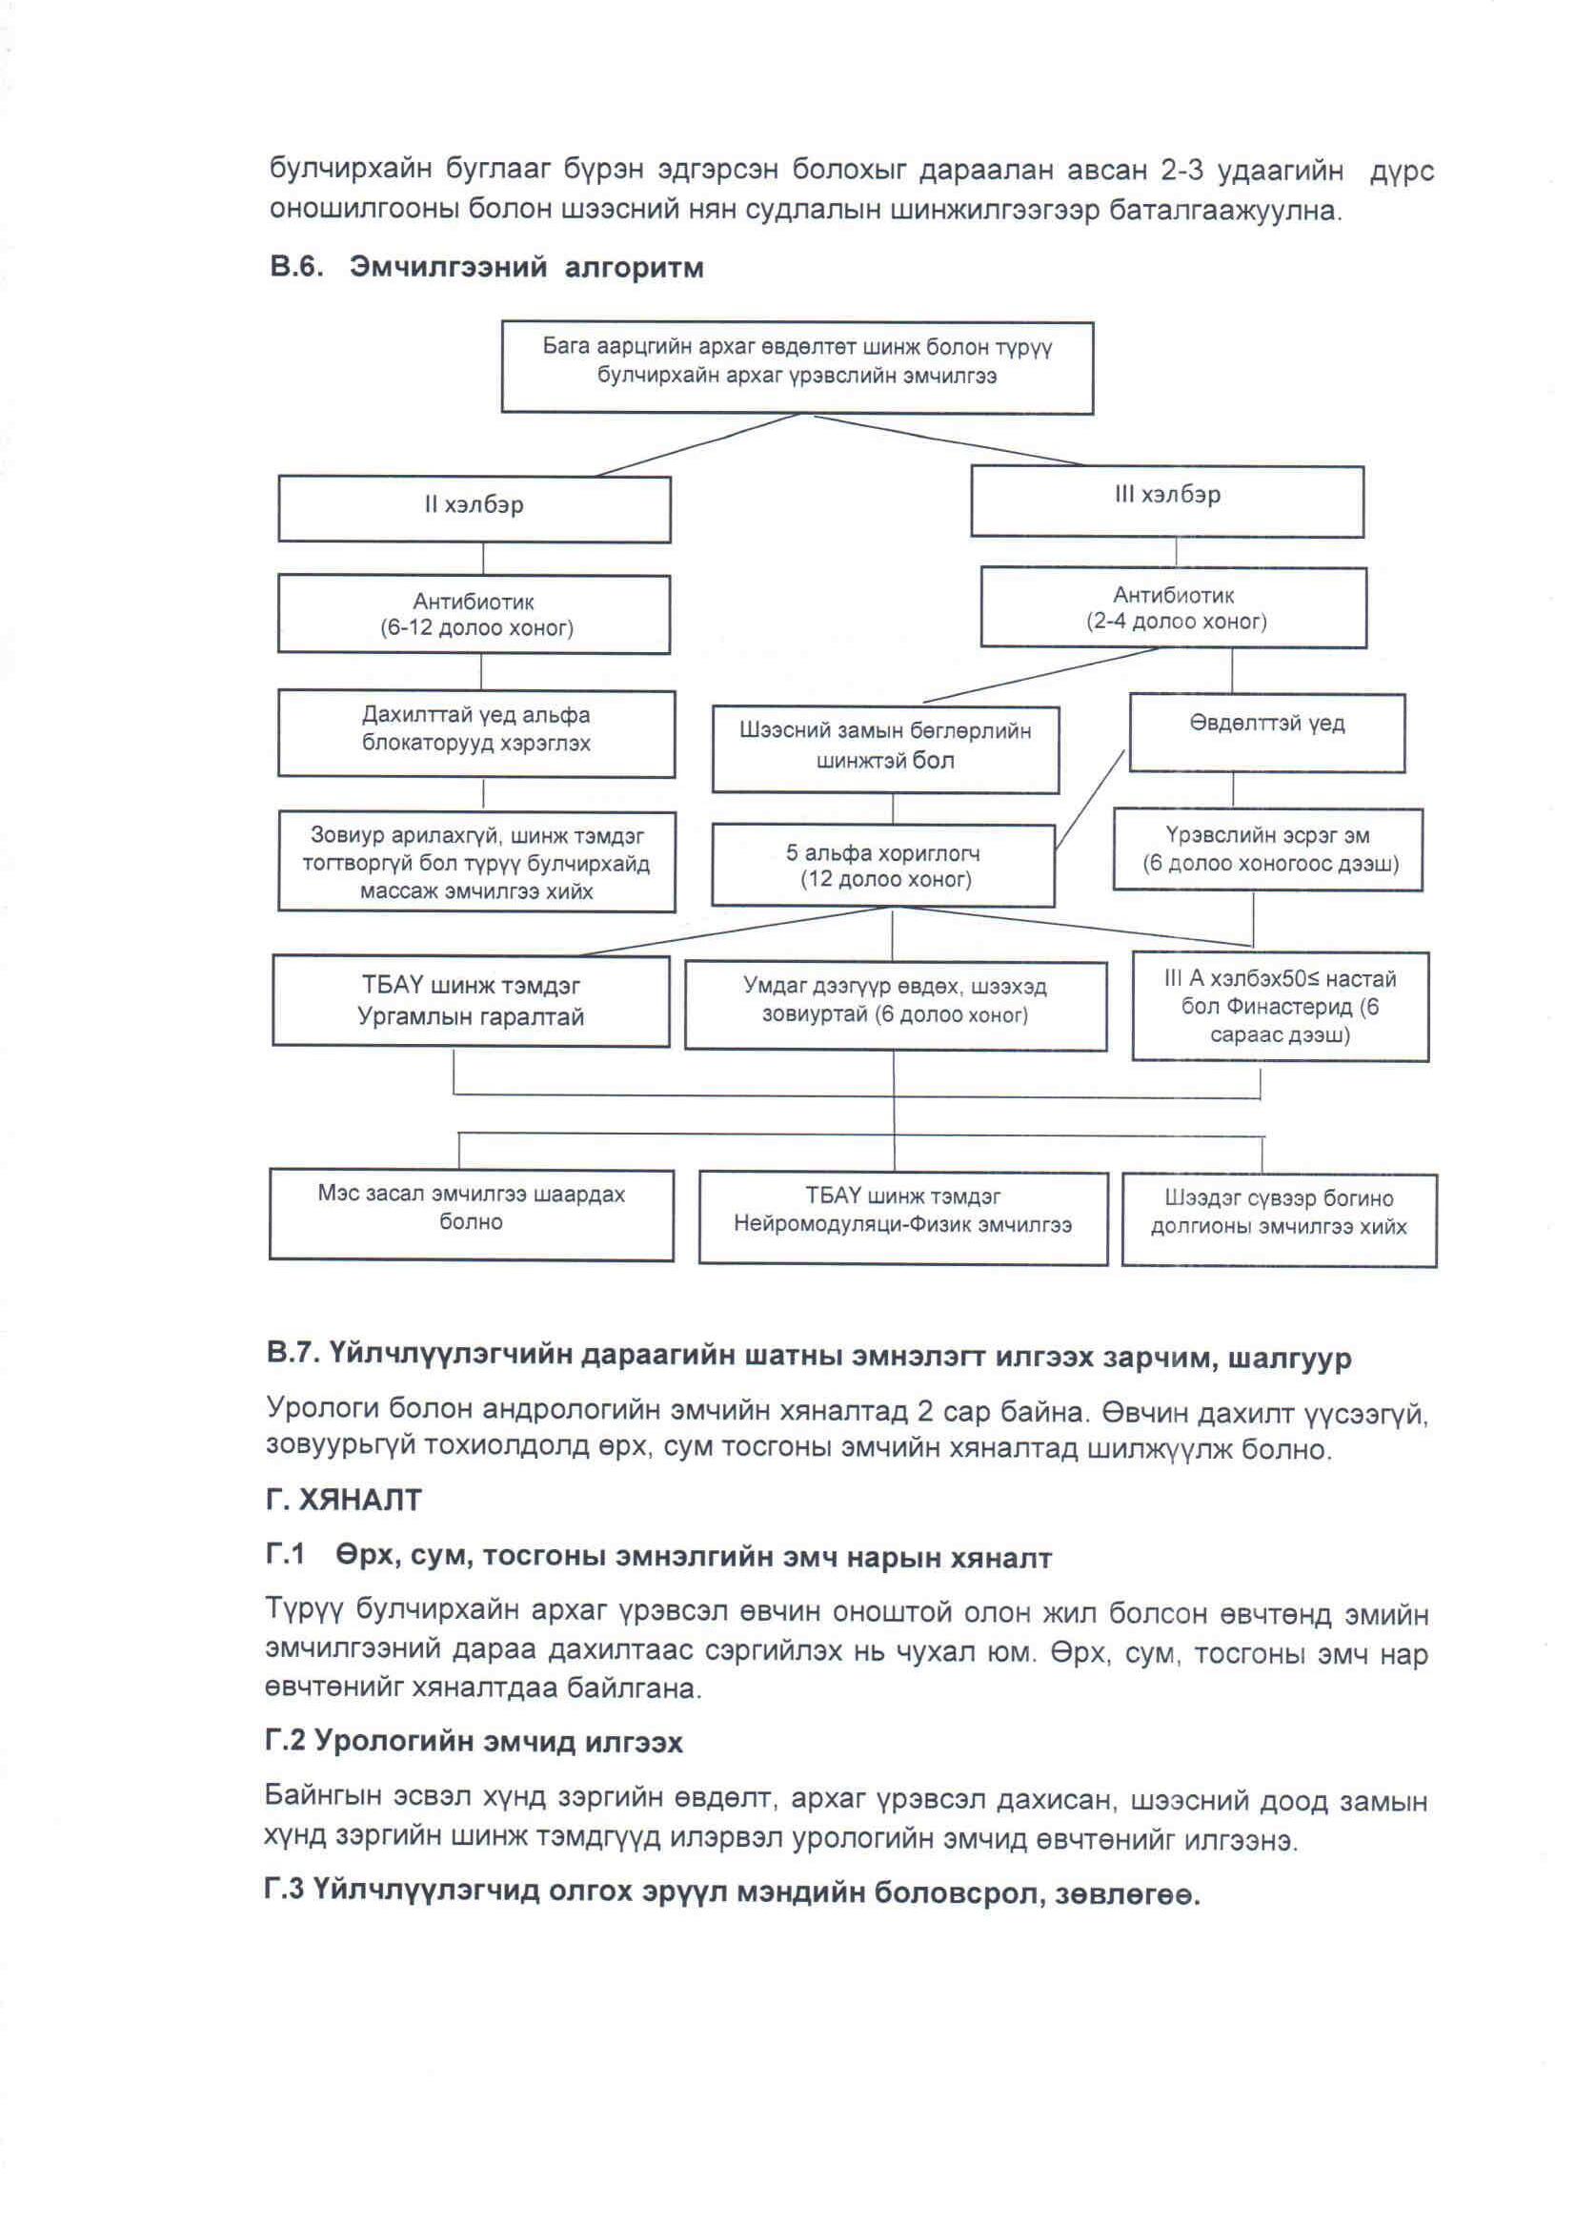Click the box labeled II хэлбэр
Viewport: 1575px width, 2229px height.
click(x=474, y=508)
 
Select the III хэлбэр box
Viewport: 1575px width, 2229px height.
click(x=1166, y=500)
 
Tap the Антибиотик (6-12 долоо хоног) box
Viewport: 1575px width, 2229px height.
click(x=474, y=614)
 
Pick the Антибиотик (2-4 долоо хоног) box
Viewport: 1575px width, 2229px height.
click(x=1173, y=607)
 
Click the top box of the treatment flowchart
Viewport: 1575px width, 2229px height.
click(x=797, y=366)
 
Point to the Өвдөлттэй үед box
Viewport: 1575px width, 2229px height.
click(x=1266, y=732)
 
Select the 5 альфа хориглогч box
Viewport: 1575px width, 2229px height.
click(x=882, y=865)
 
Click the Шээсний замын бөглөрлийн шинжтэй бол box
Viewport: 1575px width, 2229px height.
click(x=885, y=748)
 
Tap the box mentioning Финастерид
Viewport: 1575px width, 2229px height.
click(x=1279, y=1006)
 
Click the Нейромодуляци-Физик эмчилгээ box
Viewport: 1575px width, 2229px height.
click(x=902, y=1217)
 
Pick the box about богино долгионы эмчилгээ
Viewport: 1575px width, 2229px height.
click(x=1278, y=1219)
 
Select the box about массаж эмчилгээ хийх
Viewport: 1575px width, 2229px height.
click(x=475, y=862)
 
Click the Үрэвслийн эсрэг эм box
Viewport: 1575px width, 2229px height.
click(x=1267, y=849)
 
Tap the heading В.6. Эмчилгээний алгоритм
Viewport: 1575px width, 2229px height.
click(x=486, y=267)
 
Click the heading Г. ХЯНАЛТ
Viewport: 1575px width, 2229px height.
click(x=344, y=1500)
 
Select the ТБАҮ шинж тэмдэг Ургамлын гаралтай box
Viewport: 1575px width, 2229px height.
click(x=471, y=1000)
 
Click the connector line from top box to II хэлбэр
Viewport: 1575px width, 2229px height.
click(x=698, y=444)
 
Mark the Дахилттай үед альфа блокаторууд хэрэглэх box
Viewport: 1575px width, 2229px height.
click(x=475, y=732)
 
